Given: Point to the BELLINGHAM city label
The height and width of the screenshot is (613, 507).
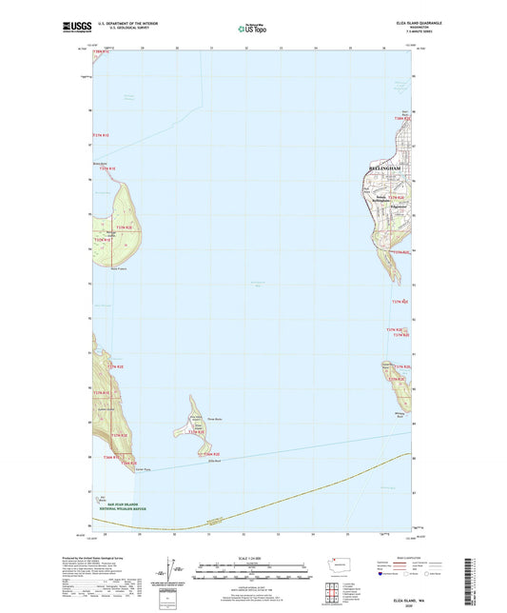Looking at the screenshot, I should (x=386, y=168).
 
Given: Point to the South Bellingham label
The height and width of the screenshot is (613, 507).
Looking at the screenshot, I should (x=381, y=200).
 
